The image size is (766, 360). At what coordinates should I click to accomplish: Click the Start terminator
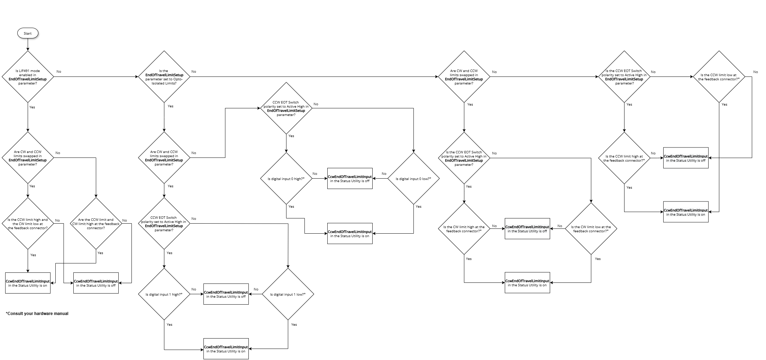pyautogui.click(x=28, y=33)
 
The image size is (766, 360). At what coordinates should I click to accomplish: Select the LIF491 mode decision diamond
pyautogui.click(x=28, y=76)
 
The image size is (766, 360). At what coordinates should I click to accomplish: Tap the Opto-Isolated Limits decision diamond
pyautogui.click(x=164, y=76)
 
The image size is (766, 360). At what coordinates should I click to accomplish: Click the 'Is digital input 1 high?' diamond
pyautogui.click(x=164, y=294)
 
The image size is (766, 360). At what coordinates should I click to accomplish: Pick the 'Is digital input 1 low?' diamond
pyautogui.click(x=288, y=294)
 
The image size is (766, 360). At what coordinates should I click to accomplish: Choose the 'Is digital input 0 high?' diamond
pyautogui.click(x=286, y=179)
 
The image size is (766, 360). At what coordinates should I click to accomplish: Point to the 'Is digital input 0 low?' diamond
pyautogui.click(x=413, y=179)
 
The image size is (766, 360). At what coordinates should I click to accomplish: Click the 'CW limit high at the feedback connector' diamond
pyautogui.click(x=464, y=229)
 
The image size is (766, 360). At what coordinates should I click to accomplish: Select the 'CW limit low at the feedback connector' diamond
pyautogui.click(x=591, y=229)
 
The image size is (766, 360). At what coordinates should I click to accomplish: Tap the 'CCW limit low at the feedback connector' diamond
pyautogui.click(x=720, y=76)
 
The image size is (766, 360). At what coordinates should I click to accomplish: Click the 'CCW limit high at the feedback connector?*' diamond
pyautogui.click(x=624, y=158)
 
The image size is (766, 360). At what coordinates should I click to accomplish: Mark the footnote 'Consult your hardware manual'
pyautogui.click(x=37, y=314)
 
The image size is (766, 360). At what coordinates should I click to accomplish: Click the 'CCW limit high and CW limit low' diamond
pyautogui.click(x=28, y=224)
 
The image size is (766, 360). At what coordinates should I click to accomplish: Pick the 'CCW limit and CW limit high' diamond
pyautogui.click(x=96, y=224)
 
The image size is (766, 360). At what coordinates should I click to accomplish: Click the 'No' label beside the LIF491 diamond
pyautogui.click(x=59, y=72)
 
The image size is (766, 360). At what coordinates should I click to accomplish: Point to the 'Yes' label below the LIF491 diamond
pyautogui.click(x=32, y=107)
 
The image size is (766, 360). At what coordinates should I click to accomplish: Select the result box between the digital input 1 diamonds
pyautogui.click(x=226, y=294)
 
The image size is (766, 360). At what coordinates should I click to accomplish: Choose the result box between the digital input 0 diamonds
pyautogui.click(x=350, y=179)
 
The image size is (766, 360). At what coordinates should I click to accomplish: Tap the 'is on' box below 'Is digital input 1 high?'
pyautogui.click(x=226, y=349)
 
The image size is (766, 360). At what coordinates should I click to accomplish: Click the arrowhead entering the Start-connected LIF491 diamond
pyautogui.click(x=28, y=49)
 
